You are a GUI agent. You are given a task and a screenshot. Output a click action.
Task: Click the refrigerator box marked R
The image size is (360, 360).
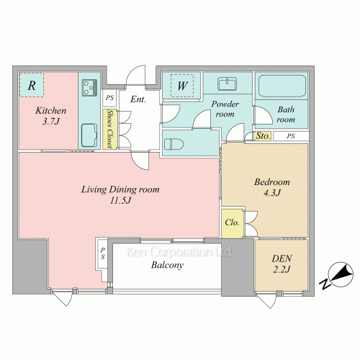point(32,85)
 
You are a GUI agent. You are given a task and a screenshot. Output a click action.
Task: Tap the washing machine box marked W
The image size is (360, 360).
point(182,86)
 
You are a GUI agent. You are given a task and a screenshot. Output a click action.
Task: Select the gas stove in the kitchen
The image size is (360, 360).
point(89,88)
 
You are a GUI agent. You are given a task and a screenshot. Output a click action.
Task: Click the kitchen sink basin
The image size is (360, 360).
point(89,135)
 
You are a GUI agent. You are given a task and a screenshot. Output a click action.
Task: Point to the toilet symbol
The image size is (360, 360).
point(174,145)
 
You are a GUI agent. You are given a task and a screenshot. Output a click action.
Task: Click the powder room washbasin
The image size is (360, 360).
point(228,84)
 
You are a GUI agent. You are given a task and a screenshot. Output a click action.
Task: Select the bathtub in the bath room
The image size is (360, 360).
point(282,86)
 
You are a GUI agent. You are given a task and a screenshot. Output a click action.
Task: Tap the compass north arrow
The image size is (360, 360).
point(341,274)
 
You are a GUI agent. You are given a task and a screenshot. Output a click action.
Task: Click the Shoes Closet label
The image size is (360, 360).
point(110,129)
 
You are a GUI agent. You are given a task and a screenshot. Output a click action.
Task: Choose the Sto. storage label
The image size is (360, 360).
point(263,136)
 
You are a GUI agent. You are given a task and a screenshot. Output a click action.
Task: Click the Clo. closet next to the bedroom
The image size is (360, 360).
point(233,223)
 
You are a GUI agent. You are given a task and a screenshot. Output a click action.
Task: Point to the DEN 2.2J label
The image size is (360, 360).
point(282,264)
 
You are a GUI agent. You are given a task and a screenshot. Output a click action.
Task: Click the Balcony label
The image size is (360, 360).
point(167,265)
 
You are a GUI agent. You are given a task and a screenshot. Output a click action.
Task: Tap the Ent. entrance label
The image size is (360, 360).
point(138,99)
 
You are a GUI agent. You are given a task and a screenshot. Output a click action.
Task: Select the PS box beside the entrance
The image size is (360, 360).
point(109,98)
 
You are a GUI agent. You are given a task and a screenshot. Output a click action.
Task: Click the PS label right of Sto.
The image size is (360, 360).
point(291,136)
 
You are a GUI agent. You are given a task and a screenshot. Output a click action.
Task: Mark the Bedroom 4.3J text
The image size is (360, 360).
point(272,187)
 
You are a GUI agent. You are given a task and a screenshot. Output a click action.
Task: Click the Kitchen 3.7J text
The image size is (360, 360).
point(51,116)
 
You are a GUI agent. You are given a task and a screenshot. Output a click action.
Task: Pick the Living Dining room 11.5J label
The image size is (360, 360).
point(120,194)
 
